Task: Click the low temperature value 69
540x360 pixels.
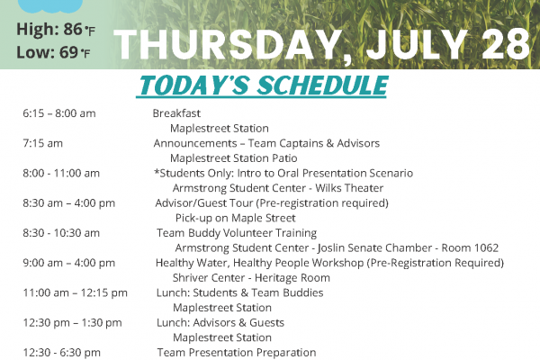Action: coord(68,52)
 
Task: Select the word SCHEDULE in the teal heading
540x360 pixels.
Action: coord(323,85)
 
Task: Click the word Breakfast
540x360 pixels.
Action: coord(176,113)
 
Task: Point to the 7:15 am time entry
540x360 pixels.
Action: coord(42,143)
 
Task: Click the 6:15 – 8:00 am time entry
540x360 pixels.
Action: coord(59,113)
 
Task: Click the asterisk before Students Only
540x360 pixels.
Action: coord(157,171)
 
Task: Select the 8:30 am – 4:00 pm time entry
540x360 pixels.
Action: coord(69,203)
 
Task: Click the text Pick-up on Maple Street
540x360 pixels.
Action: coord(236,218)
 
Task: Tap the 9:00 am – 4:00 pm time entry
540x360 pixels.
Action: coord(69,263)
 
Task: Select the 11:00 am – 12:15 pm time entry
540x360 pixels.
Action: coord(75,293)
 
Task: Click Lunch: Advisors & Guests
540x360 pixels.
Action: coord(220,323)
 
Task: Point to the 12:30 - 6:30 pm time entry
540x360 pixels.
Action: coord(61,353)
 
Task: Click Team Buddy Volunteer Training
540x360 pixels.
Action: coord(237,233)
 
